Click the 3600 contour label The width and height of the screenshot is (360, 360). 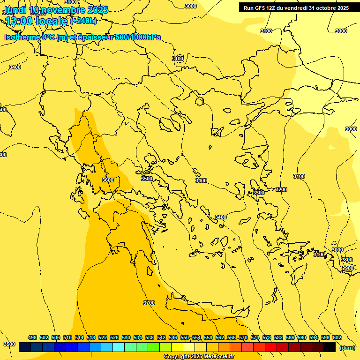107,180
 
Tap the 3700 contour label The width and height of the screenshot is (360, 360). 149,303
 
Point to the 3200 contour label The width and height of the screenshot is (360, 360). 281,189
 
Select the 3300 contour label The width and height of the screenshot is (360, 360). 258,193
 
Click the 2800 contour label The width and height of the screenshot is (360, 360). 347,260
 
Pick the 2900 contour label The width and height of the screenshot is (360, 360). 347,268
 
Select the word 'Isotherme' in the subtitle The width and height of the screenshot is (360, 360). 22,37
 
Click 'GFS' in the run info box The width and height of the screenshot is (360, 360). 263,8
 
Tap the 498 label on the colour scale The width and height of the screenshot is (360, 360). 32,337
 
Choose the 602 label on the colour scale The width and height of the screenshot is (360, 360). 337,337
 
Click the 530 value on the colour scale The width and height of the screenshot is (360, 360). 126,337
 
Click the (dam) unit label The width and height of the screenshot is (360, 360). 347,348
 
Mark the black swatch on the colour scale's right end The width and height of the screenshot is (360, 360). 330,347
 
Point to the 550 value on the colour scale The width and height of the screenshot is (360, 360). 185,337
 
